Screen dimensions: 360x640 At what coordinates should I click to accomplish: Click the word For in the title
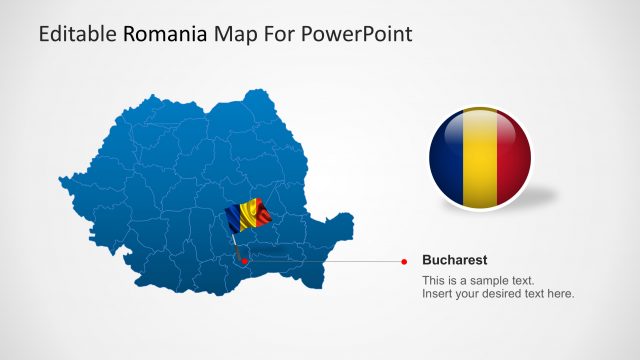point(278,34)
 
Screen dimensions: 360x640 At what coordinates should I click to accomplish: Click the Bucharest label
point(455,259)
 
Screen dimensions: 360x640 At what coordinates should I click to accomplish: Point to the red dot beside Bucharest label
point(404,261)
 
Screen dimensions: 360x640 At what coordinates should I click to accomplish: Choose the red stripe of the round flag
point(514,160)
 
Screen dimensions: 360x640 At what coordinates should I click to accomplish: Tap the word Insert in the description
point(436,294)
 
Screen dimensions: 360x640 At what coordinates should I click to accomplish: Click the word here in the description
point(560,294)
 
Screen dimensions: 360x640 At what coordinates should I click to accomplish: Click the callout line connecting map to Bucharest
point(330,262)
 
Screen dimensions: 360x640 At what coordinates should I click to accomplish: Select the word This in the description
point(434,280)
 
